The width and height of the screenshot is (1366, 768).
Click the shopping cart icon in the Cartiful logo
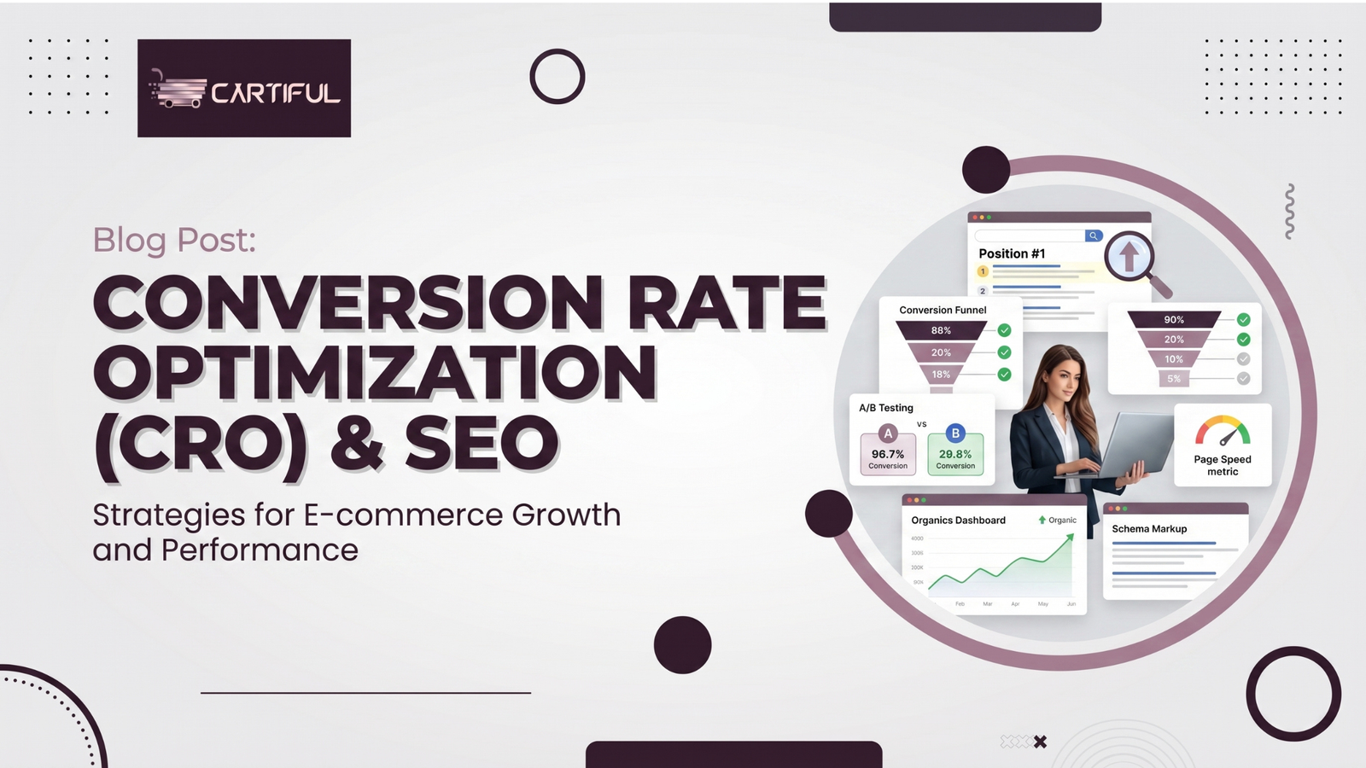click(178, 90)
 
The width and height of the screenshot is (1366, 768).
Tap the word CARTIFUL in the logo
click(275, 92)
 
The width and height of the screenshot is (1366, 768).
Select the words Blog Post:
click(174, 240)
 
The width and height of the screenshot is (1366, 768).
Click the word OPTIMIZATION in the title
click(375, 374)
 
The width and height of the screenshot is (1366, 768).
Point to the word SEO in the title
click(482, 444)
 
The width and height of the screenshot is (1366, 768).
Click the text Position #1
click(1012, 253)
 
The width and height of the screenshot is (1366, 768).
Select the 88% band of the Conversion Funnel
click(941, 330)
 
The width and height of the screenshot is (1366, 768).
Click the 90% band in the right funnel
click(1174, 319)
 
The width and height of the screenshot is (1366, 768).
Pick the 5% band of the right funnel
click(1174, 379)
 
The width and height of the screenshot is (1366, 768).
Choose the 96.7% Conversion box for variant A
click(888, 455)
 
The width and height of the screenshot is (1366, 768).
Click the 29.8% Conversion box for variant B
click(955, 455)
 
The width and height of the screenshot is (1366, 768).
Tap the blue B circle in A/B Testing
click(955, 433)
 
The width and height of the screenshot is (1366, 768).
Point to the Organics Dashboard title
click(958, 521)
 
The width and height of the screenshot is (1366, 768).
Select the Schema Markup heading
click(1149, 529)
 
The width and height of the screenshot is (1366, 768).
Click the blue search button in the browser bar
click(1093, 236)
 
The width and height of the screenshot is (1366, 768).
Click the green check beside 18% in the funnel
click(1004, 374)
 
